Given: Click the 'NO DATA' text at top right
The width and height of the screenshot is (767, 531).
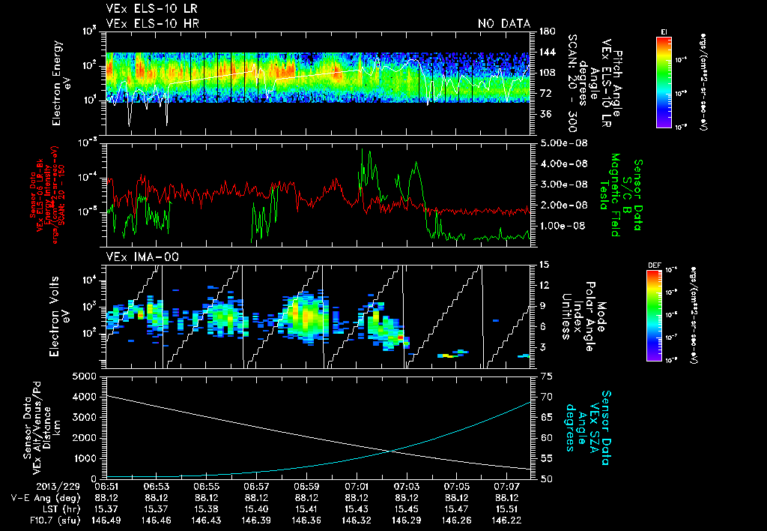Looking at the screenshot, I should coord(504,24).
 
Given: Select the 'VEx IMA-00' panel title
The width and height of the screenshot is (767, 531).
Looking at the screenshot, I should coord(135,257).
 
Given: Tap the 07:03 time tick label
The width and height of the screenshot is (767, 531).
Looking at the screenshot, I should coord(407,486).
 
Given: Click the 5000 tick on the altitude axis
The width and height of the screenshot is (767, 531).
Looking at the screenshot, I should coord(88,376).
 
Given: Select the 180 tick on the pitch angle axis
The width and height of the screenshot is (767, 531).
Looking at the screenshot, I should coord(546,31).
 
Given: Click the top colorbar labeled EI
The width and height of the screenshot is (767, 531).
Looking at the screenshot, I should coord(664,81).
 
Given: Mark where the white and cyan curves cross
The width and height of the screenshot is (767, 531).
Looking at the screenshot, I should coord(393,450).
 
